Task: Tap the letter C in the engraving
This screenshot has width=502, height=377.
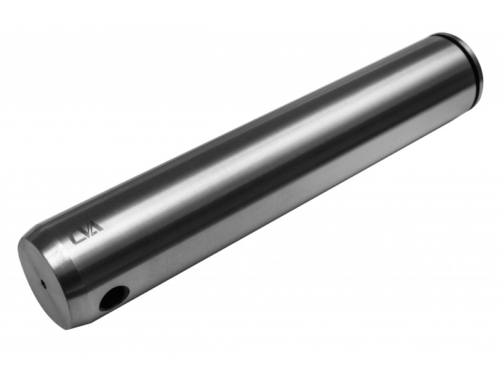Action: [x=76, y=238]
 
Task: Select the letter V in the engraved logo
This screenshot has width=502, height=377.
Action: [x=86, y=231]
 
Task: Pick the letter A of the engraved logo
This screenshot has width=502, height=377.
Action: [x=97, y=226]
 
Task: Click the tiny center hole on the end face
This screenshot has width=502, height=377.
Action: [x=42, y=283]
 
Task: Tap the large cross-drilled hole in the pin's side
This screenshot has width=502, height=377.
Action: [x=114, y=298]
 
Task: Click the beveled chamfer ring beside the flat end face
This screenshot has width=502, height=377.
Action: [x=64, y=273]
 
